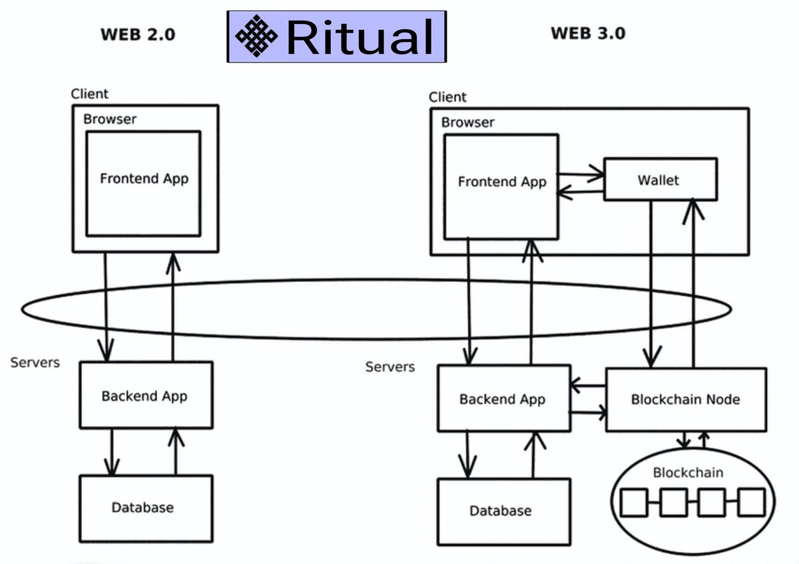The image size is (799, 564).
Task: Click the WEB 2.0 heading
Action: (x=138, y=35)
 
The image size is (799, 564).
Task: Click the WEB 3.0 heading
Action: (x=588, y=33)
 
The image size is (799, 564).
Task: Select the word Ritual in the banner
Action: (x=360, y=37)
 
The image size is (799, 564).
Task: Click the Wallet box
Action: (x=660, y=180)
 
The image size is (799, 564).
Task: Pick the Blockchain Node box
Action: (x=685, y=400)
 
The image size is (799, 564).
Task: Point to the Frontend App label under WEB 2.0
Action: (x=144, y=179)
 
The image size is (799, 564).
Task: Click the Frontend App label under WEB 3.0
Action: (x=501, y=182)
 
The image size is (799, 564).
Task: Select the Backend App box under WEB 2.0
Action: (x=146, y=396)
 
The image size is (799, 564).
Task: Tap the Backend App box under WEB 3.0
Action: (x=503, y=399)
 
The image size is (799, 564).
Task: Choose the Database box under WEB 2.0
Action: (x=146, y=507)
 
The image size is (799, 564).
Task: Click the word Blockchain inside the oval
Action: (x=688, y=473)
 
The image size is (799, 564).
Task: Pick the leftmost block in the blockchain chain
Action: (x=633, y=503)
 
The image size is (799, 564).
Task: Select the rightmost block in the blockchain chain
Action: (x=752, y=503)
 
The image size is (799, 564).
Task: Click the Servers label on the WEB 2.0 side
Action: (x=35, y=362)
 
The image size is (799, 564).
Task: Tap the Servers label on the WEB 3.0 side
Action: (x=390, y=366)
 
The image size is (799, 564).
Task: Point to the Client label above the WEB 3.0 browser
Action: (x=447, y=97)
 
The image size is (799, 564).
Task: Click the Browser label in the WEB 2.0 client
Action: (x=109, y=120)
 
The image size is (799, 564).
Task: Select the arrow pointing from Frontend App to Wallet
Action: (x=580, y=176)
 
